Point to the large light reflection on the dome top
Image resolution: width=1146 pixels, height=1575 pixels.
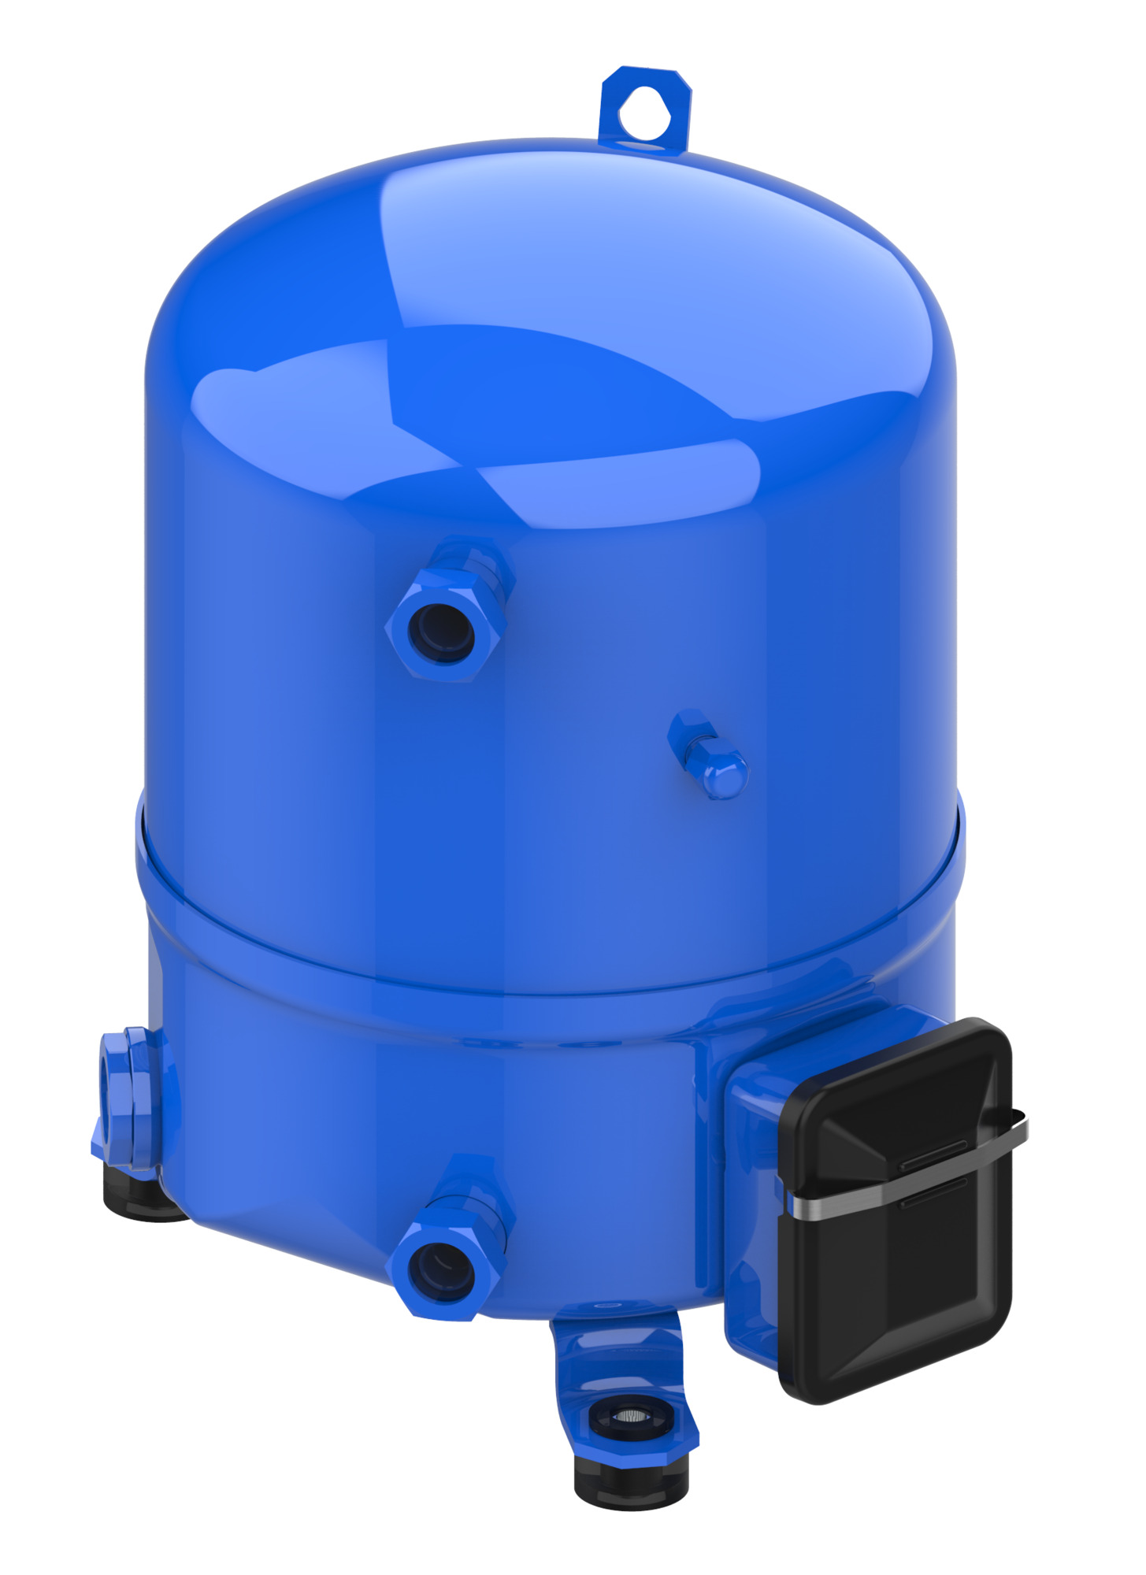click(630, 260)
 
